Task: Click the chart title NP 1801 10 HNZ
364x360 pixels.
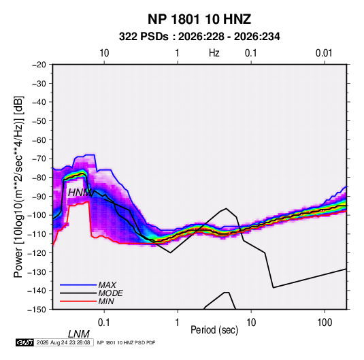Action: [x=199, y=19]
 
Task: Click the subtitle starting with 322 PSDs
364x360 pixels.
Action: [x=199, y=37]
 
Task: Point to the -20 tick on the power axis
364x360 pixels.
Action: [x=39, y=65]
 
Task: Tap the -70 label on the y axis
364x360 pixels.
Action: [x=39, y=159]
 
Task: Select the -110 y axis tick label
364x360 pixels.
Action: [x=37, y=234]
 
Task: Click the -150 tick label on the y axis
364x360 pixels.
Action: [x=37, y=310]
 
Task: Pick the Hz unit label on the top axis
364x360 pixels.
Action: [x=214, y=53]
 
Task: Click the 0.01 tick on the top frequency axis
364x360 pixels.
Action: [x=324, y=53]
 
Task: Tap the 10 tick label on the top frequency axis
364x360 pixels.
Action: [x=104, y=53]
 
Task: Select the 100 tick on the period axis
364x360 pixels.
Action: [x=325, y=322]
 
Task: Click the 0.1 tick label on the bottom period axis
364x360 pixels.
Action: [x=104, y=322]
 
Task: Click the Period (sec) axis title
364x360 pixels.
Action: [x=214, y=330]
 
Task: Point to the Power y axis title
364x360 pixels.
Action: [x=18, y=187]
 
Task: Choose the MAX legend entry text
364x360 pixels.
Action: [x=107, y=284]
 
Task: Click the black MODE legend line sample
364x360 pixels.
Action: [x=78, y=293]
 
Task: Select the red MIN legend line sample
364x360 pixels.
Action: [x=78, y=301]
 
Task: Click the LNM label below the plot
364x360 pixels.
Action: [x=79, y=334]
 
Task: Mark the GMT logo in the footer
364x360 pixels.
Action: [x=24, y=342]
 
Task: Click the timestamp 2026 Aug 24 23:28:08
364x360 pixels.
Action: [x=63, y=342]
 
